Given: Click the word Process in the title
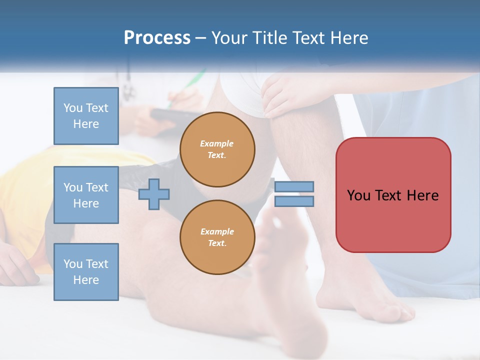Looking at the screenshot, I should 157,38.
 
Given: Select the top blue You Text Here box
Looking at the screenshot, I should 86,116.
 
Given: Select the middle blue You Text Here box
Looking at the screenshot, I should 86,195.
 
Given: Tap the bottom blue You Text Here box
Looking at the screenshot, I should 86,271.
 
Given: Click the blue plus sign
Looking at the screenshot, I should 154,194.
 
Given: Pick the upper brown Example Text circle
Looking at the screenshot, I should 217,149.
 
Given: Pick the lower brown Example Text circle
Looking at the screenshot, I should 217,237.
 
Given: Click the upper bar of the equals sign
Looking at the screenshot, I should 294,186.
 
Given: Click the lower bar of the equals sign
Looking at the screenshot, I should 294,201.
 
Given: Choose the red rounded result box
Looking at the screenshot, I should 393,195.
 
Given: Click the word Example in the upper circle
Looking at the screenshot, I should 217,143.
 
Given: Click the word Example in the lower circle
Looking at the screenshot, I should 217,231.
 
